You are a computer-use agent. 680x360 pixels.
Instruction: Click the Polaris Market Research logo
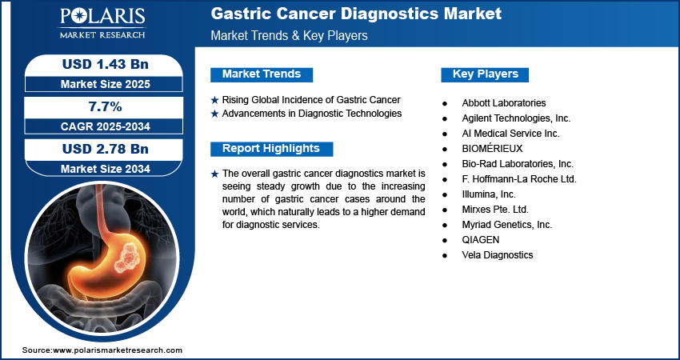[x=102, y=22]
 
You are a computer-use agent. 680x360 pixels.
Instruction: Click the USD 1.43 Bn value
[x=106, y=64]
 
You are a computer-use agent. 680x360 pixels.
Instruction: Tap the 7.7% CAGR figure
[x=104, y=106]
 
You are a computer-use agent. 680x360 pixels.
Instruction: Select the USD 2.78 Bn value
[x=106, y=149]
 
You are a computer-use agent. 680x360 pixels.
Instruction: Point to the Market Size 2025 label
[x=106, y=84]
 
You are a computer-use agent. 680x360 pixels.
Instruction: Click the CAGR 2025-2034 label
[x=106, y=126]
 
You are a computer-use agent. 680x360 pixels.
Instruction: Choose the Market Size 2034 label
[x=106, y=169]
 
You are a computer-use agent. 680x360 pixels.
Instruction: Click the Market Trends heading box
[x=262, y=74]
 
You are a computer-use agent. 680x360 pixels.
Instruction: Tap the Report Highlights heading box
[x=271, y=149]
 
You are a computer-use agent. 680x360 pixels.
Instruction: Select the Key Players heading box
[x=485, y=74]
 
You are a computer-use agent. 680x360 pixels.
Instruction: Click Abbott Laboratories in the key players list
[x=504, y=102]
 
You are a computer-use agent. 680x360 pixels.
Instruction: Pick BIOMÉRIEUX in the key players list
[x=492, y=148]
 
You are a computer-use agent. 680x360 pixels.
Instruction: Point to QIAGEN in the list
[x=481, y=240]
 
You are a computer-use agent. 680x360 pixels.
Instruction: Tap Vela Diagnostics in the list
[x=498, y=255]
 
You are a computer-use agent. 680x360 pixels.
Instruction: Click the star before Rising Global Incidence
[x=214, y=100]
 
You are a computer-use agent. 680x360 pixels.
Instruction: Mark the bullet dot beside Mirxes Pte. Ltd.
[x=445, y=210]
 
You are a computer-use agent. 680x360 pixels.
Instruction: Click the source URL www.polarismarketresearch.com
[x=118, y=350]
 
